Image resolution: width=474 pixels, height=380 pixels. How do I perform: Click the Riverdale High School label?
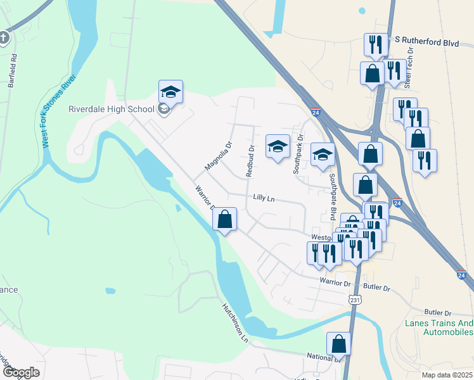111,108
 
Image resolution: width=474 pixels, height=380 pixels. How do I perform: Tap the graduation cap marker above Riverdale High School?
170,92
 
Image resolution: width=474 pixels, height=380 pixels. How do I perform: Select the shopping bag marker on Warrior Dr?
225,220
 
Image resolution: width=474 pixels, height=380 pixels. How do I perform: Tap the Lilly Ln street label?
264,198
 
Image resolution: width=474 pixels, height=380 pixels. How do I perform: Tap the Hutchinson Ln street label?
234,322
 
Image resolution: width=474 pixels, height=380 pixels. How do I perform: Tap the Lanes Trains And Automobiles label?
439,328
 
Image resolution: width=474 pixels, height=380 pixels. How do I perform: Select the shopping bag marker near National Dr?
339,344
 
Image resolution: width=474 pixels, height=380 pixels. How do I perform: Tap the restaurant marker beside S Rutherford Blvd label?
376,44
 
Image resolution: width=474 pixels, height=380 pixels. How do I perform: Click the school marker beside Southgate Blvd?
323,155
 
